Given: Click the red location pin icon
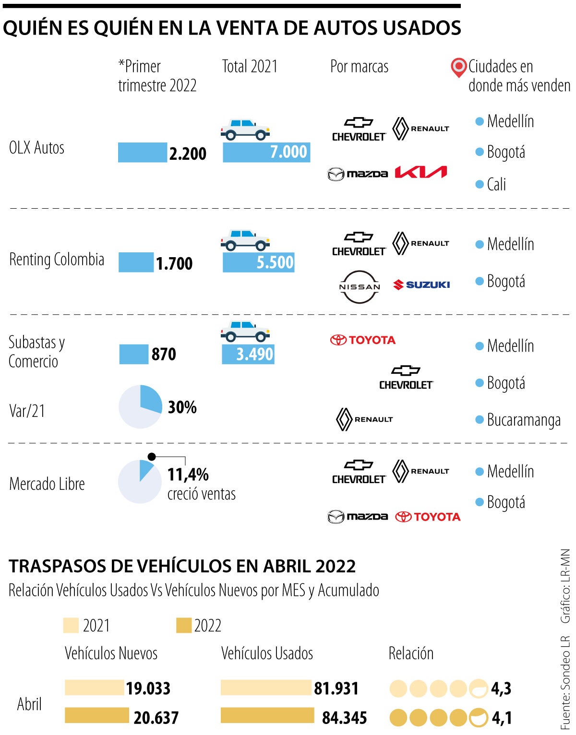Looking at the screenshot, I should point(459,67).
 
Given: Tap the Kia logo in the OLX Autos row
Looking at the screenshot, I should point(421,172).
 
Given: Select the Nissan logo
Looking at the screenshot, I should point(360,286).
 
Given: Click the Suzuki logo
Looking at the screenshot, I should point(422,285).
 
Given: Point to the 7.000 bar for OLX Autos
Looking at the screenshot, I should point(266,152).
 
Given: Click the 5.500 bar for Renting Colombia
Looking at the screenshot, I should point(258,262).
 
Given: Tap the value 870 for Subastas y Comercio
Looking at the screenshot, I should point(164,354).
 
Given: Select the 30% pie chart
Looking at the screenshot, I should point(140,406).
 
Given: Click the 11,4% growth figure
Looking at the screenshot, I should point(188,474).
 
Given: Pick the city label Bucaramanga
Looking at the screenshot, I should point(524,420).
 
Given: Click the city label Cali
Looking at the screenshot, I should point(496,184).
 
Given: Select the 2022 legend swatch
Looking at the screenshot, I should point(184,626).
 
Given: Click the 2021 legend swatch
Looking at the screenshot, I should point(71,626).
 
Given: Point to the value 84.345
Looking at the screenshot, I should point(344,718).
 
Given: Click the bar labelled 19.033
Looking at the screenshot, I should point(94,688).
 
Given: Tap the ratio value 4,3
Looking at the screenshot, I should point(501,689).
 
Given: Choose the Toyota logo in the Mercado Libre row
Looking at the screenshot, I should point(428,517).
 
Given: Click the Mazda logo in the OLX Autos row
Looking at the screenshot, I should point(358,174).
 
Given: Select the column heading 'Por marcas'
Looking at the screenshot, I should point(359,67).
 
